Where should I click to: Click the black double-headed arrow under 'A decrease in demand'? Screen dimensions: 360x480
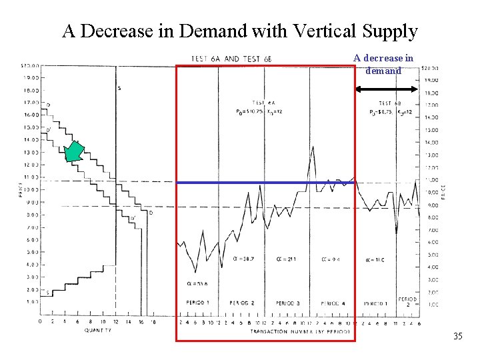click(x=389, y=89)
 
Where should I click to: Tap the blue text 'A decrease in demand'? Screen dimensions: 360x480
click(x=383, y=64)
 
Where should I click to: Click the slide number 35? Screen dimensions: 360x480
click(x=457, y=336)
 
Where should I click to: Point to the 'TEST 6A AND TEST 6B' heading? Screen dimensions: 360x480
click(x=231, y=59)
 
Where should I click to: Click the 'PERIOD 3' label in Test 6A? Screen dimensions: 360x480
click(x=287, y=303)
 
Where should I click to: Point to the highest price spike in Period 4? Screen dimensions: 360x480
click(x=313, y=148)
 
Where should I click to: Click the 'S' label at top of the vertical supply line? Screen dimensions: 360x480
click(x=119, y=88)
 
